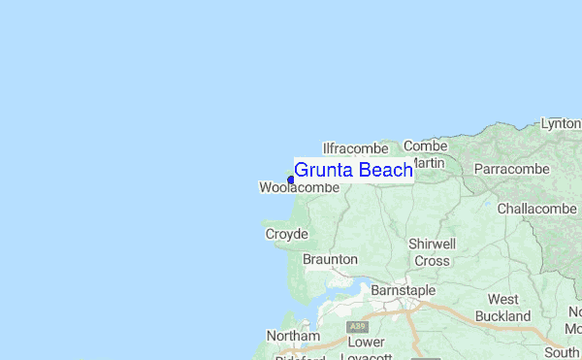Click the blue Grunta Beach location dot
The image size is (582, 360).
click(291, 180)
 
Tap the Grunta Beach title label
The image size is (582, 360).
click(353, 171)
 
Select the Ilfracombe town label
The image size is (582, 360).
click(355, 148)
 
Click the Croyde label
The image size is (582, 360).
click(286, 234)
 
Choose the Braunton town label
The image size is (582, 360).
click(330, 259)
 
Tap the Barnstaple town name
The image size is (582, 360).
click(403, 290)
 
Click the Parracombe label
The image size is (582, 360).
click(511, 169)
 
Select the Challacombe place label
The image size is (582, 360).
click(536, 209)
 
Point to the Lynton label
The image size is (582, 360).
click(561, 124)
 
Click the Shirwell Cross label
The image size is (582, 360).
click(432, 251)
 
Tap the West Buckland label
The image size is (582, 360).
click(502, 308)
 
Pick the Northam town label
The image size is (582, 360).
click(292, 336)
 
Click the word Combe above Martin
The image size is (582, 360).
click(425, 146)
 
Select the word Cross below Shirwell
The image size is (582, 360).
click(432, 260)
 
